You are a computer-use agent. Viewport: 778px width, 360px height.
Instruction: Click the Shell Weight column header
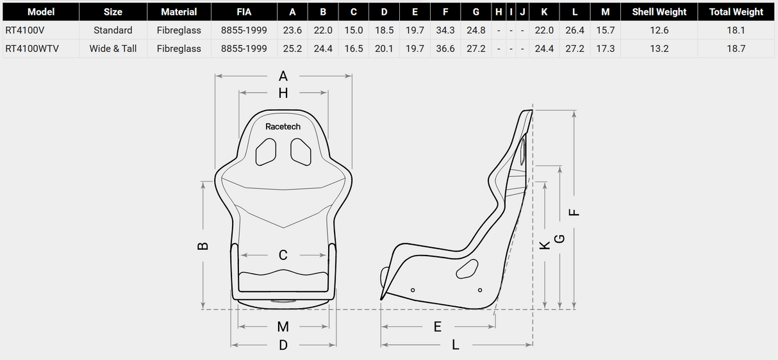pyautogui.click(x=659, y=12)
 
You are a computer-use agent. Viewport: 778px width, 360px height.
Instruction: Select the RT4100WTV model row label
pyautogui.click(x=32, y=49)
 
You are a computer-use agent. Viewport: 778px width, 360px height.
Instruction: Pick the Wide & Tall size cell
pyautogui.click(x=113, y=49)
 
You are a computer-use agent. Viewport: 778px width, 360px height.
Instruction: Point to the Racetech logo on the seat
pyautogui.click(x=283, y=127)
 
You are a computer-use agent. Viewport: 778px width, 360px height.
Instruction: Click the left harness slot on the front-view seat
pyautogui.click(x=266, y=152)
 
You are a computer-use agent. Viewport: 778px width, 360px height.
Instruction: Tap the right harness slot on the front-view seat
pyautogui.click(x=301, y=152)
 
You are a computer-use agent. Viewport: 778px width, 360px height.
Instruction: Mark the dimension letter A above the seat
pyautogui.click(x=283, y=76)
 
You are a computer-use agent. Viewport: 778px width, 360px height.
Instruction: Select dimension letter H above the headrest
pyautogui.click(x=283, y=94)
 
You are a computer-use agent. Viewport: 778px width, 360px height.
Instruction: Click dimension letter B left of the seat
pyautogui.click(x=203, y=245)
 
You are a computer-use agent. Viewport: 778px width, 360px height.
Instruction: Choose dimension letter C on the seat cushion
pyautogui.click(x=283, y=255)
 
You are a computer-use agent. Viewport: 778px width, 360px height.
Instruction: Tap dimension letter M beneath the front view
pyautogui.click(x=283, y=327)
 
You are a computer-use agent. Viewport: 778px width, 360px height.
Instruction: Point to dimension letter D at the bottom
pyautogui.click(x=283, y=345)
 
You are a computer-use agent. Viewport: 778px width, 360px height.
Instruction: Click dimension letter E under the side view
pyautogui.click(x=438, y=327)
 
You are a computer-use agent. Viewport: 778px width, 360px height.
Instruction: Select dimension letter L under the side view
pyautogui.click(x=456, y=345)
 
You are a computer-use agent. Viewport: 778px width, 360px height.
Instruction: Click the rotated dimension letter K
pyautogui.click(x=545, y=245)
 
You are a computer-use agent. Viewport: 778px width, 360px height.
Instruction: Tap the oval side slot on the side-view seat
pyautogui.click(x=467, y=270)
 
